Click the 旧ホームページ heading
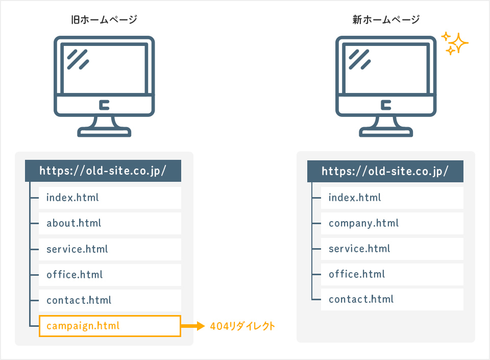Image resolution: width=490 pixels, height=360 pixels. pos(104,20)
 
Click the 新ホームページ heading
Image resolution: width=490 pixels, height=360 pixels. pos(386,20)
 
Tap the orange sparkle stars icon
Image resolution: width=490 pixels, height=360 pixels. pos(455,43)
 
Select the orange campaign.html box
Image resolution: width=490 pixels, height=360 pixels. pos(110,326)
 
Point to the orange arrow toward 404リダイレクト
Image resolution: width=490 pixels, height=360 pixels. pos(193,326)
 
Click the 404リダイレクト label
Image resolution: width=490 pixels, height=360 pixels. pos(242,326)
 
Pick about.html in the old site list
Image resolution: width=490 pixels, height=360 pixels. pos(110,223)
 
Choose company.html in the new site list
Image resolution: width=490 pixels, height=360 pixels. pos(392,223)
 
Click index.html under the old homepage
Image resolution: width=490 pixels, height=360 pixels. pos(110,198)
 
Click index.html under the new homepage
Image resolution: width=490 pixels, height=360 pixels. pos(392,198)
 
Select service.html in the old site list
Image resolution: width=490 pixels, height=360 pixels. pos(110,249)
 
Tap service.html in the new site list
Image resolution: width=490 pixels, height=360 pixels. pos(392,249)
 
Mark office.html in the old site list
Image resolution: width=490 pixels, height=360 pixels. pos(110,275)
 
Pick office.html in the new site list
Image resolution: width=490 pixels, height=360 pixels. pos(392,274)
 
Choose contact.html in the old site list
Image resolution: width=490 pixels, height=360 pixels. pos(110,300)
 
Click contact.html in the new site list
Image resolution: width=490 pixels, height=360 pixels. pos(392,299)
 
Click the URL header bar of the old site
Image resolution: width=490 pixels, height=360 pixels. pos(103,171)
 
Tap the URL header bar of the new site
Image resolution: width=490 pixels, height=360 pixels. pos(385,171)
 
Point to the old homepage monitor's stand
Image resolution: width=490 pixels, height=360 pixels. pos(104,127)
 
